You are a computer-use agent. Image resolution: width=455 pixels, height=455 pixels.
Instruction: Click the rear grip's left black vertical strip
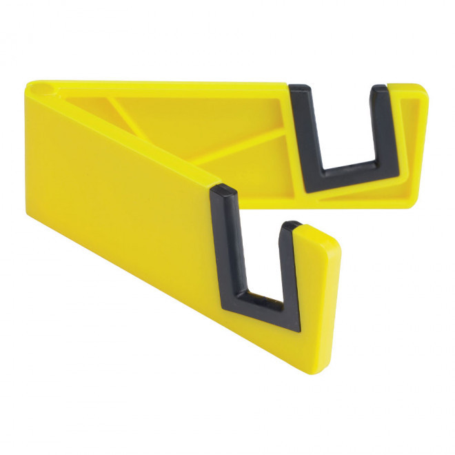click(304, 131)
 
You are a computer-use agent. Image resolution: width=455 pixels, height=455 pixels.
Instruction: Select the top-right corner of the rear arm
click(424, 88)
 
